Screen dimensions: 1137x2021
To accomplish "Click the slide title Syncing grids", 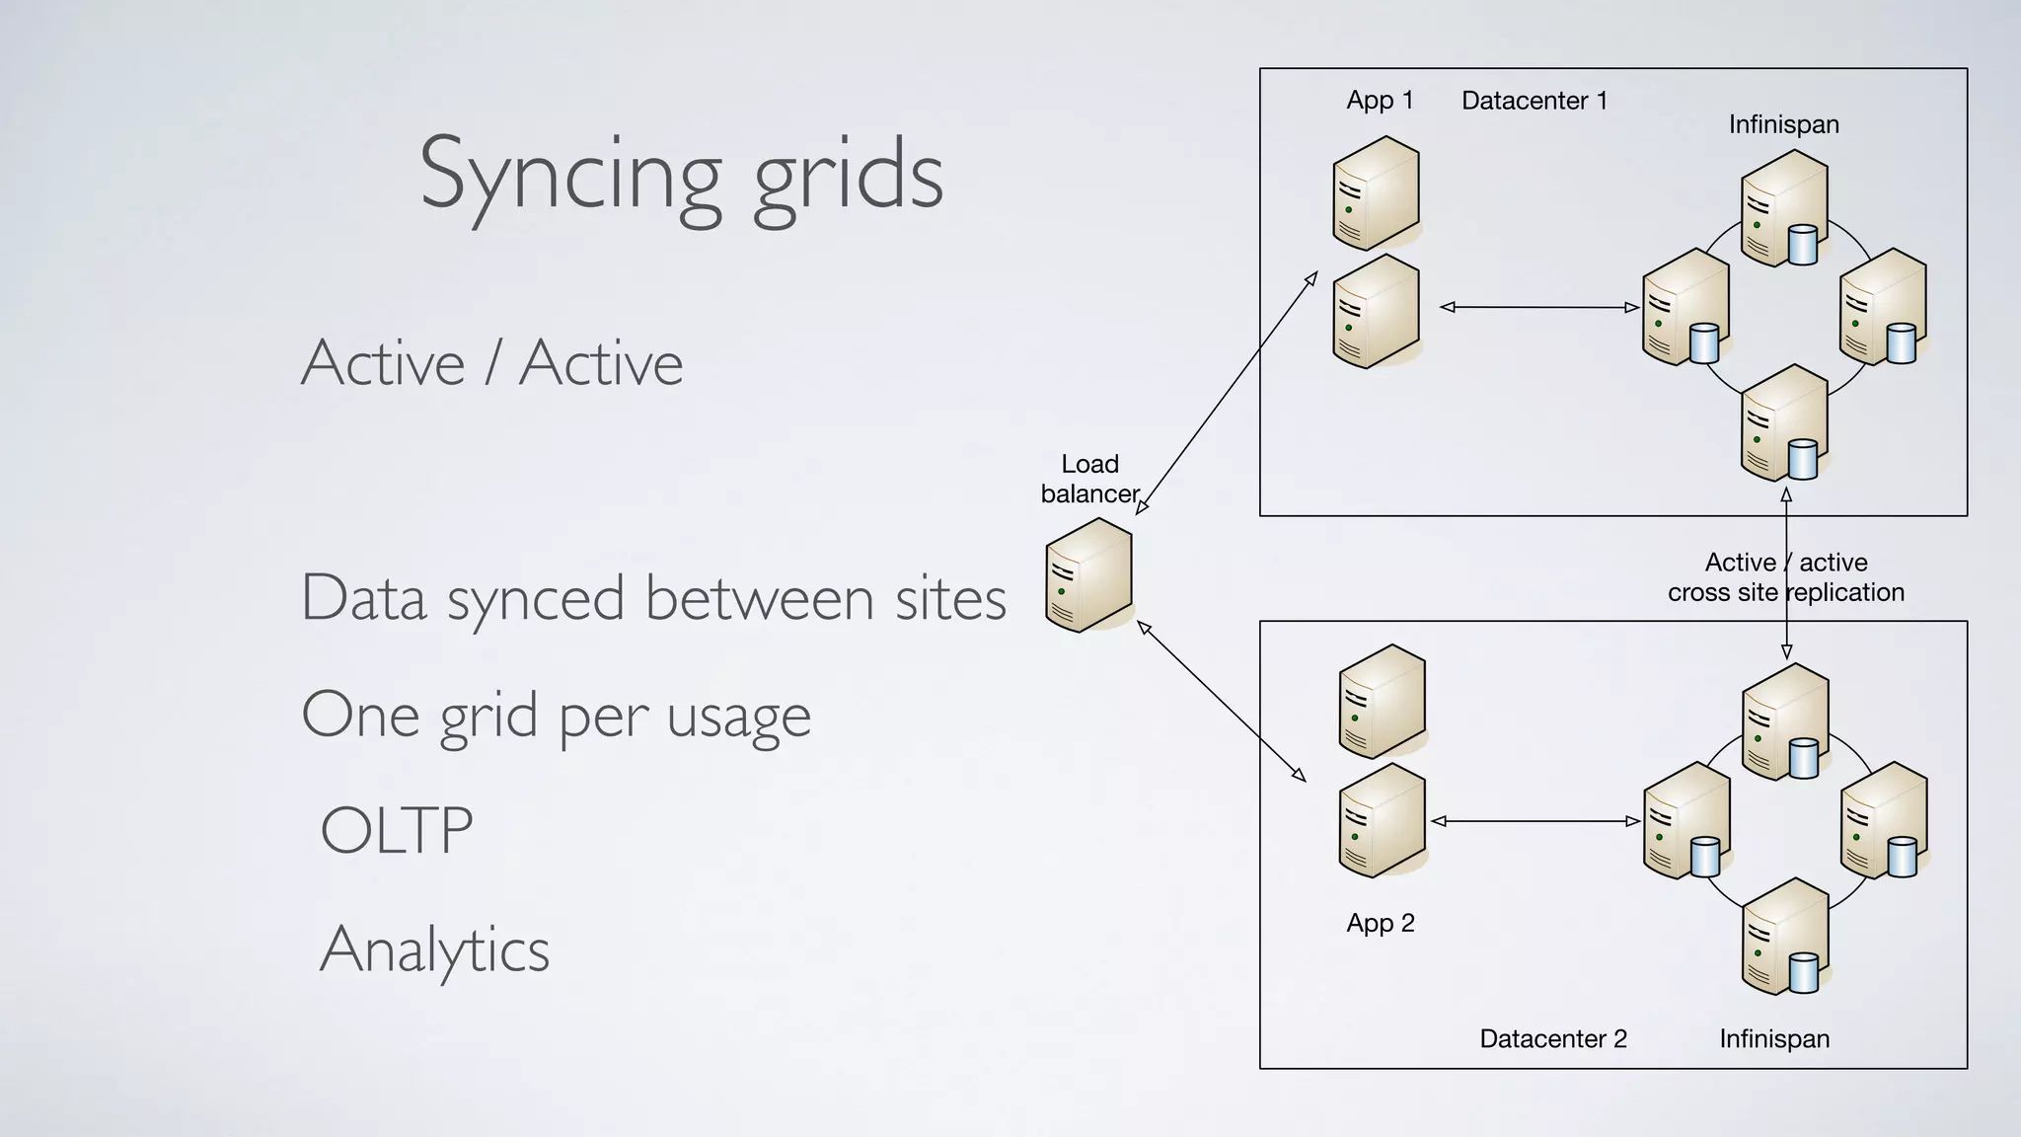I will point(681,176).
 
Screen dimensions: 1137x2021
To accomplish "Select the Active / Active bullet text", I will point(491,363).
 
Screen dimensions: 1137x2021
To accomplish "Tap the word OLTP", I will point(397,831).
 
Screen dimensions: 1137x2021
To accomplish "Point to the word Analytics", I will point(434,949).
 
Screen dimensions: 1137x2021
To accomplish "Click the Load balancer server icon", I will point(1088,574).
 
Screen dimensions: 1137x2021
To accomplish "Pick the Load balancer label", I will point(1089,479).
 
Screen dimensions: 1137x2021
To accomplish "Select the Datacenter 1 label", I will point(1534,101).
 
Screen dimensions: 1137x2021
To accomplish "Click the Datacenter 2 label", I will point(1553,1038).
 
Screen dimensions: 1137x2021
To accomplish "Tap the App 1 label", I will point(1380,101).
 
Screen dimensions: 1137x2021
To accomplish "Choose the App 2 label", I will point(1381,923).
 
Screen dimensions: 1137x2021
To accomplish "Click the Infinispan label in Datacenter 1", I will point(1784,124).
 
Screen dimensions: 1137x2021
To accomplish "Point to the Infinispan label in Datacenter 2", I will point(1774,1038).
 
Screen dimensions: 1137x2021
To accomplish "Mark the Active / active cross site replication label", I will point(1786,577).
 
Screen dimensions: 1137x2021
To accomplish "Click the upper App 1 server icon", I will point(1376,193).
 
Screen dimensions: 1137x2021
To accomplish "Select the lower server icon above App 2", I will point(1382,820).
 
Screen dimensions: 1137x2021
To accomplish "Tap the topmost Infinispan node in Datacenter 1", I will point(1784,208).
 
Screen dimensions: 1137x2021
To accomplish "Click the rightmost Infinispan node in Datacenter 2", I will point(1884,820).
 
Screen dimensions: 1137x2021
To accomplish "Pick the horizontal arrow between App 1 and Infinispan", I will point(1539,308).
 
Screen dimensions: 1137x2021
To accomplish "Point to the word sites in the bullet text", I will point(950,598).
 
